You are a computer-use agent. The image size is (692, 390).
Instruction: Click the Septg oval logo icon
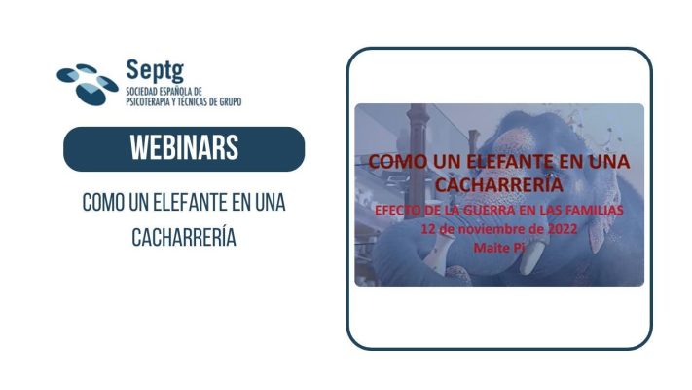[x=88, y=85]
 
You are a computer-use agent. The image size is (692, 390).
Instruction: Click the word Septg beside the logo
[x=155, y=71]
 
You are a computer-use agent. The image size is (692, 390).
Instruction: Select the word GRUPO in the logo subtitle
[x=231, y=102]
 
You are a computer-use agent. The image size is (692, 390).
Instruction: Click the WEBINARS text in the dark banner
[x=184, y=148]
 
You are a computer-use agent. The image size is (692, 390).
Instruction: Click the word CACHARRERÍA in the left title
[x=184, y=237]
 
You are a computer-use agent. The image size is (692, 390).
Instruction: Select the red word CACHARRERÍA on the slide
[x=499, y=184]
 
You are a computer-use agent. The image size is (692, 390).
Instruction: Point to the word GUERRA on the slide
[x=489, y=211]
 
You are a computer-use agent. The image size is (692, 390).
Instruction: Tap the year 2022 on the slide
[x=563, y=229]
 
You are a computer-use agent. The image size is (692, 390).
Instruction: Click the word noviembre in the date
[x=490, y=229]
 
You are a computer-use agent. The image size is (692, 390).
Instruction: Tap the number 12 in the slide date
[x=427, y=229]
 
